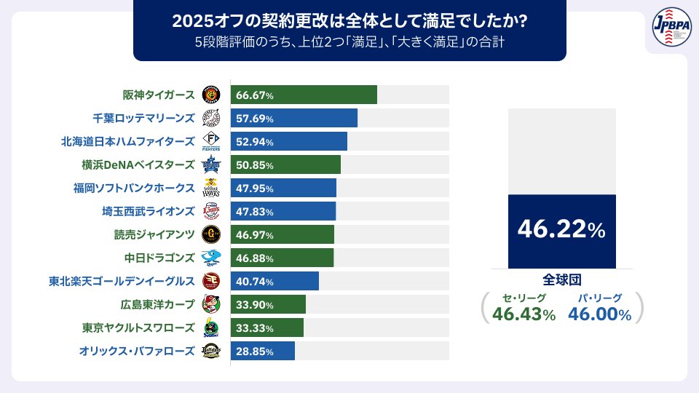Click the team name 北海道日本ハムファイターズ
[x=128, y=141]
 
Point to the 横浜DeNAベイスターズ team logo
[x=210, y=164]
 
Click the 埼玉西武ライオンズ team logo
[x=210, y=211]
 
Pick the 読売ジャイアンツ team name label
[x=154, y=234]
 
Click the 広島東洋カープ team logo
[x=210, y=304]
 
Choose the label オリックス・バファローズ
[x=137, y=351]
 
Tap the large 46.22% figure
[x=561, y=230]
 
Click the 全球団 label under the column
[x=561, y=279]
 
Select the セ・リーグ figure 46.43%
[x=524, y=314]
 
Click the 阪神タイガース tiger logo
[x=210, y=95]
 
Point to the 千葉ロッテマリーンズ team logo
[x=210, y=118]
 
